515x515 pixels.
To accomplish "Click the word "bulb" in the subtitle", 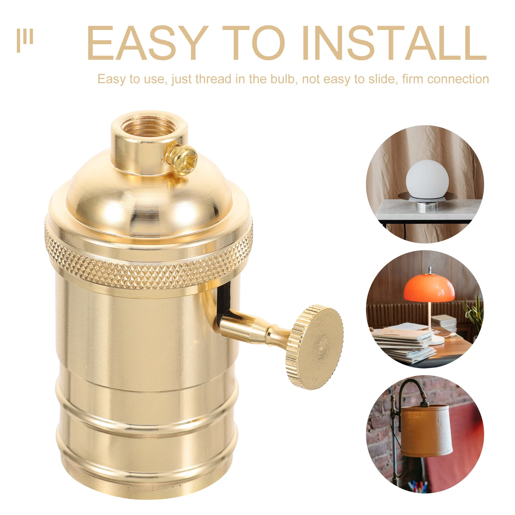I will click(283, 79).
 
